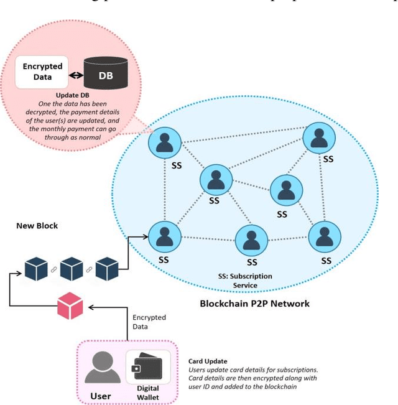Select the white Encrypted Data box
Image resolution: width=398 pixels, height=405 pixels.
42,72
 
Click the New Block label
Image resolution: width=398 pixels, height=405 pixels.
37,226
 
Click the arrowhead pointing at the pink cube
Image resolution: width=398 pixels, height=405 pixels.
89,307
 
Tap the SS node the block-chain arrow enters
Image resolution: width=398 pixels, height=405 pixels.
164,236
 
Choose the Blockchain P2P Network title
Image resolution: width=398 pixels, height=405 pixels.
254,304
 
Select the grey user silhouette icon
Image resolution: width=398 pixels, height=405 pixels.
102,367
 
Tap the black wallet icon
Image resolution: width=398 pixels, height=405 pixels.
147,367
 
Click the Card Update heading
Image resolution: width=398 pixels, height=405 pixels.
208,361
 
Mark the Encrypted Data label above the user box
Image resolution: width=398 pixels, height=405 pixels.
149,321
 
